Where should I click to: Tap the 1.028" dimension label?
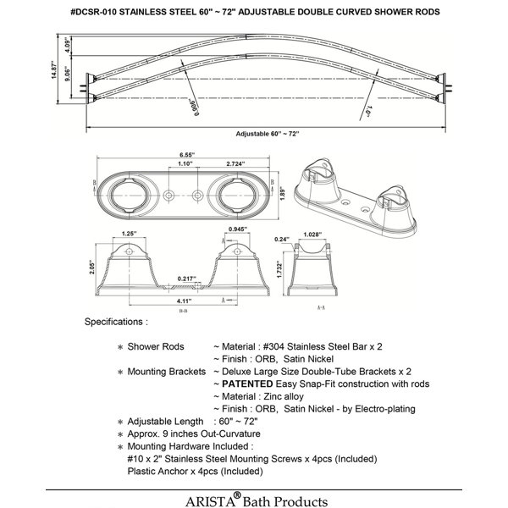313,235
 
